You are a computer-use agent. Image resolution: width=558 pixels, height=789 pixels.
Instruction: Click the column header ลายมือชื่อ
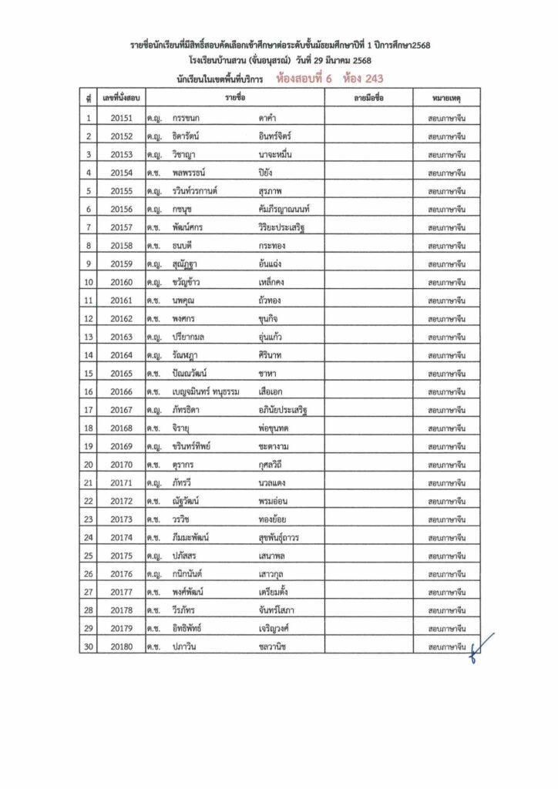point(368,99)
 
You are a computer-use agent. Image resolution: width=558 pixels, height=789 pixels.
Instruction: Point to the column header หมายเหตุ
point(447,99)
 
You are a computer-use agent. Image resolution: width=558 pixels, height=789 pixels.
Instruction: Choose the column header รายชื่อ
point(235,99)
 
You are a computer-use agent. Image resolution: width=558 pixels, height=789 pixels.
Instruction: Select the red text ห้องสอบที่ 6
point(308,78)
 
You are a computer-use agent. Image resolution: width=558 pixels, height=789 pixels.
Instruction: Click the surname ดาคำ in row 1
point(270,118)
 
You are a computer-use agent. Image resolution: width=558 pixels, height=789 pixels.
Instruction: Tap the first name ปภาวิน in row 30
point(187,646)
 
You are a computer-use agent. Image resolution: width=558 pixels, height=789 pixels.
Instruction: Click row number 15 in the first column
point(89,373)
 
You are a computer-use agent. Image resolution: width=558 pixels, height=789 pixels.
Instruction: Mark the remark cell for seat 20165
point(447,373)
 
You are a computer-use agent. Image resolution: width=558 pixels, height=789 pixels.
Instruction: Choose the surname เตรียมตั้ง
point(279,592)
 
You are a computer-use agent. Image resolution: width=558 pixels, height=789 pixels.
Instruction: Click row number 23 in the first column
point(89,519)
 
